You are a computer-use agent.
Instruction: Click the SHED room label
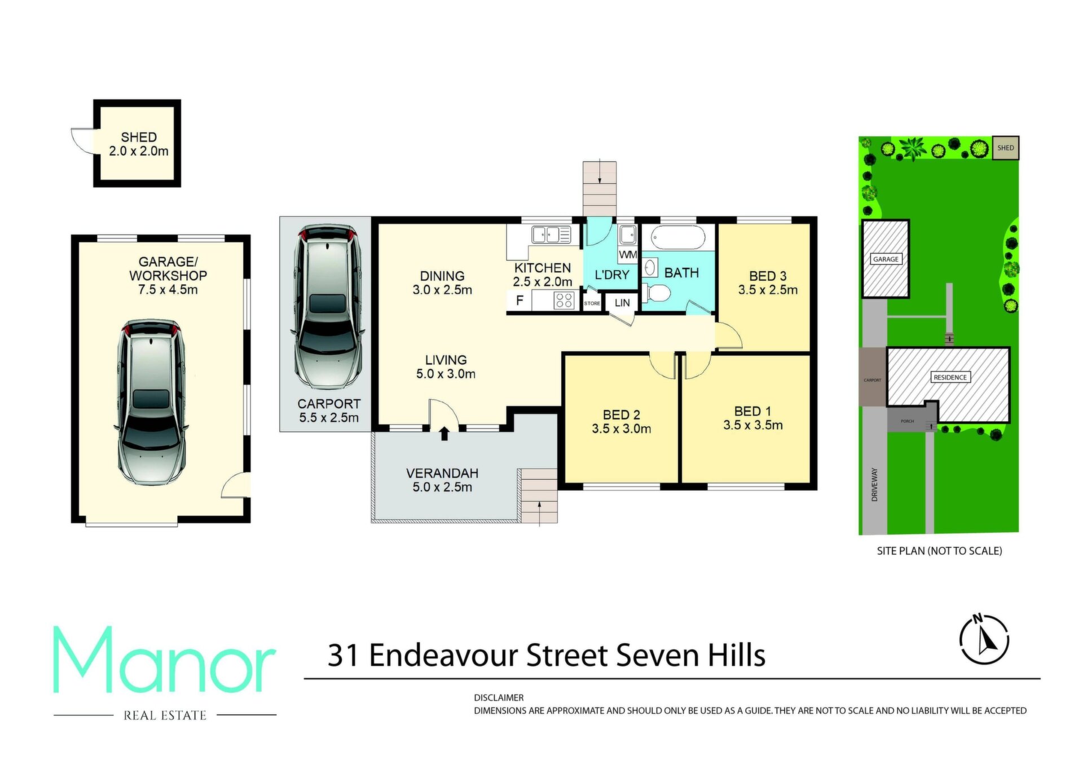point(139,137)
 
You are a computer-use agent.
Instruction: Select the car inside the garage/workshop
point(151,403)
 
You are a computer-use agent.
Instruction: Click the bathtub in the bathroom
point(673,238)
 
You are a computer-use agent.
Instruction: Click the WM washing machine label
point(628,255)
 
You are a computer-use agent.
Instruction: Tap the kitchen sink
point(545,235)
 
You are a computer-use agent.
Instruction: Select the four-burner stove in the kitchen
point(564,300)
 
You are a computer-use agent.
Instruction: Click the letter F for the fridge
point(520,300)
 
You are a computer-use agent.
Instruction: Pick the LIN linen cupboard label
point(622,303)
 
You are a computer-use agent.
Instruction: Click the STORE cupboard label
point(592,303)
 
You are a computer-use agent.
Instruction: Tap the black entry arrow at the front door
point(444,434)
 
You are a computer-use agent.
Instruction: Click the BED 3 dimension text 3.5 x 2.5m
point(768,290)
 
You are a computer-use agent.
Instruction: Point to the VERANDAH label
point(442,473)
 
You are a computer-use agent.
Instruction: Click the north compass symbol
point(984,639)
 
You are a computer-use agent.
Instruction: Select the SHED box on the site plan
point(1006,148)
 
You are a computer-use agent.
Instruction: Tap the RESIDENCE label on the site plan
point(950,377)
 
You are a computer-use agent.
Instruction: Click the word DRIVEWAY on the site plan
point(874,484)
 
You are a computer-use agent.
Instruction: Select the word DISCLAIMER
point(499,697)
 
